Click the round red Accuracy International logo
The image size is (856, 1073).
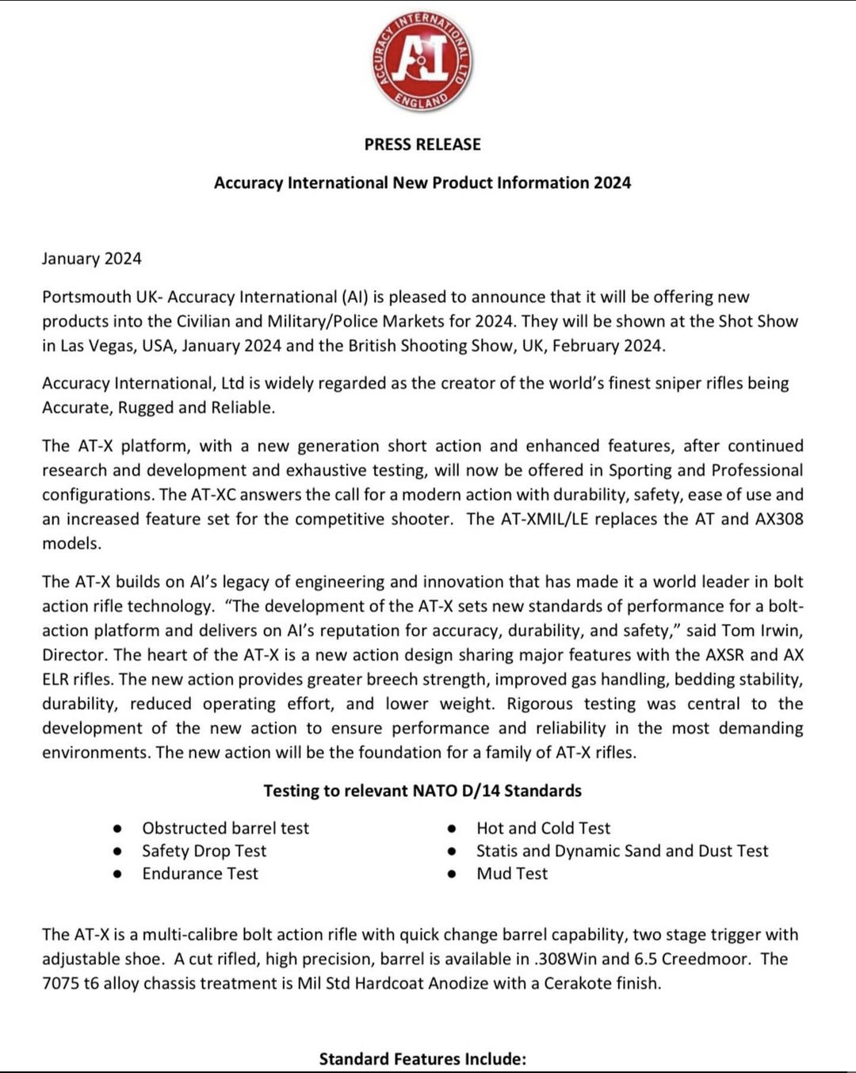(422, 61)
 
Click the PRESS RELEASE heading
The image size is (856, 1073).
(422, 144)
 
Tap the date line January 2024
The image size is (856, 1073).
(92, 259)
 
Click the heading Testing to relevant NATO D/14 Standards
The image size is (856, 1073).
(422, 791)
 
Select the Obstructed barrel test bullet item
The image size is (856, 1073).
(225, 828)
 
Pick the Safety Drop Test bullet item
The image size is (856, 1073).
(204, 851)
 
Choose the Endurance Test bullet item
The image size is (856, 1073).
(200, 874)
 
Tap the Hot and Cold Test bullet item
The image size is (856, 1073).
(543, 828)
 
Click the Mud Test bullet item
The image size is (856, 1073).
(512, 874)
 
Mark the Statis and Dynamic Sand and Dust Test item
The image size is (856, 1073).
(622, 851)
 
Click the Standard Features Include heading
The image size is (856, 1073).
(422, 1059)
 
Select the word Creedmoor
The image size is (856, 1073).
(705, 959)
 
